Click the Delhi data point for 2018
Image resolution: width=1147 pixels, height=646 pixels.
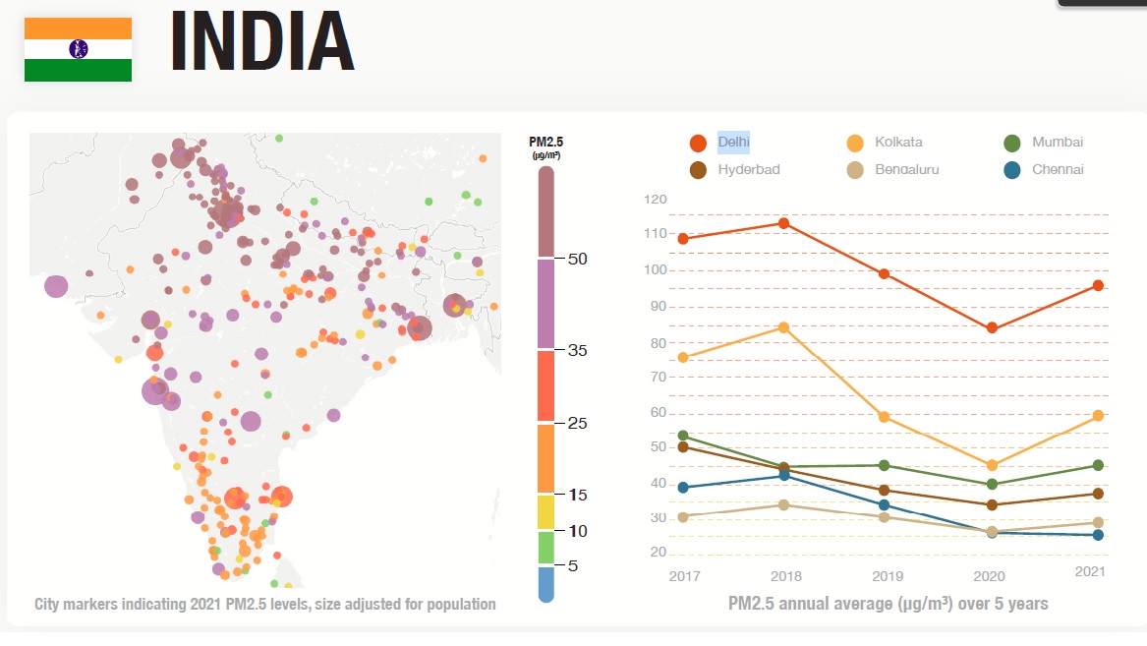coord(784,223)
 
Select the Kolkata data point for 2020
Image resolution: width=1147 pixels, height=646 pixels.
coord(992,465)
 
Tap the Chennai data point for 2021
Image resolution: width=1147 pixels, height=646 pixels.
coord(1098,535)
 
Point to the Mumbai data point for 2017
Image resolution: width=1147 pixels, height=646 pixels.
coord(683,436)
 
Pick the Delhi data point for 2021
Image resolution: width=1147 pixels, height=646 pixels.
coord(1098,285)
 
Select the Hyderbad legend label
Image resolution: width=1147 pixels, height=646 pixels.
coord(748,169)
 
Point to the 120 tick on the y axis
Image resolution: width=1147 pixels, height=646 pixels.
coord(656,200)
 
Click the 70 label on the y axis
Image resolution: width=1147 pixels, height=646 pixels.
coord(659,377)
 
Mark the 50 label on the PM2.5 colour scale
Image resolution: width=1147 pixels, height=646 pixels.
coord(577,259)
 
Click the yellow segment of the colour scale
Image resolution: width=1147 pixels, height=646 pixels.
coord(545,511)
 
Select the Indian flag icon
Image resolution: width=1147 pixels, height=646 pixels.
coord(78,49)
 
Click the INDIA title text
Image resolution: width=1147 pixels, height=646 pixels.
coord(262,43)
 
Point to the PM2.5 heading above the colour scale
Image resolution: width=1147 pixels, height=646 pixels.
coord(545,143)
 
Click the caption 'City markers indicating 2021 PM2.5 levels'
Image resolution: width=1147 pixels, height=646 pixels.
coord(265,604)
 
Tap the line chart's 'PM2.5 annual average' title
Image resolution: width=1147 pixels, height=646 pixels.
coord(888,603)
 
